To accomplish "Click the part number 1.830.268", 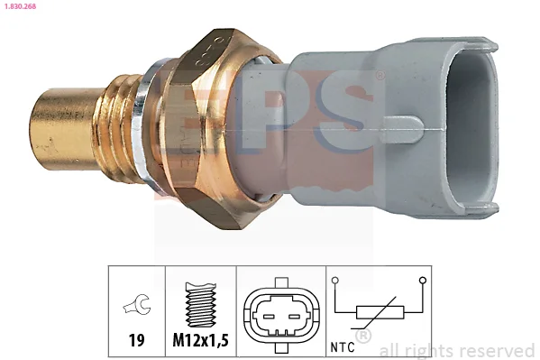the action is (20, 6).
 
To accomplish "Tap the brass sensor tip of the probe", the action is (66, 129).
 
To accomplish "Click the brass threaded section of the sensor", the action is (121, 128).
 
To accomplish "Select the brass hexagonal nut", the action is (203, 128).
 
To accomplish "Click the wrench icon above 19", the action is (137, 304).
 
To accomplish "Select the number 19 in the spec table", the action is (136, 340).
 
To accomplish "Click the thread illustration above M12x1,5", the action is (201, 305).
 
